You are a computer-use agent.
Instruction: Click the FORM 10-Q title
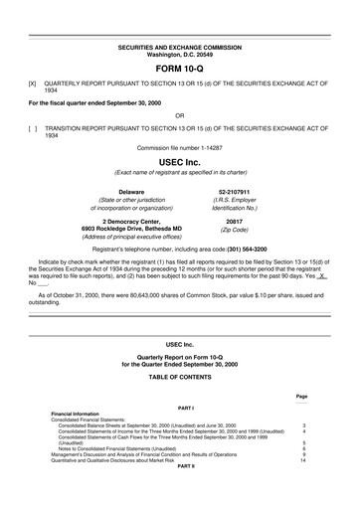coord(179,69)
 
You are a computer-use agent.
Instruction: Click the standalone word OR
coord(179,114)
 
